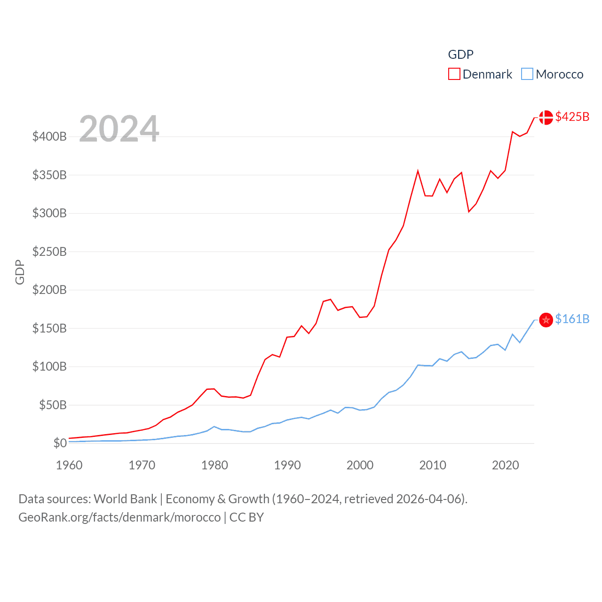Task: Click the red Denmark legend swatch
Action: coord(454,74)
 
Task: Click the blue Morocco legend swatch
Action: coord(527,74)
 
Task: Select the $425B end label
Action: coord(572,117)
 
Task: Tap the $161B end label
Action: coord(572,319)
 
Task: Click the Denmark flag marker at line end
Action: coord(546,117)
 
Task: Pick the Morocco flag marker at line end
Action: coord(546,320)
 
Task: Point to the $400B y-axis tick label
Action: coord(49,137)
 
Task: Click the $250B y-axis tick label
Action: coord(49,252)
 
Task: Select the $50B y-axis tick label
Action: coord(53,405)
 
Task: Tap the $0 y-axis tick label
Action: coord(60,443)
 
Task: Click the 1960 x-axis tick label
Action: coord(69,465)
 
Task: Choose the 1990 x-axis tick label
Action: coord(287,465)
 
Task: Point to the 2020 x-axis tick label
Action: coord(506,465)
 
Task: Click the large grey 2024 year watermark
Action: coord(119,129)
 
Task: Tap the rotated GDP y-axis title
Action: coord(20,272)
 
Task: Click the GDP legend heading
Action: coord(460,55)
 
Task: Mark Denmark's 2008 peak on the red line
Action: coord(418,171)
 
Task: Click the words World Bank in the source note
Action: coord(125,499)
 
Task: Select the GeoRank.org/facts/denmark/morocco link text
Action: coord(119,517)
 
